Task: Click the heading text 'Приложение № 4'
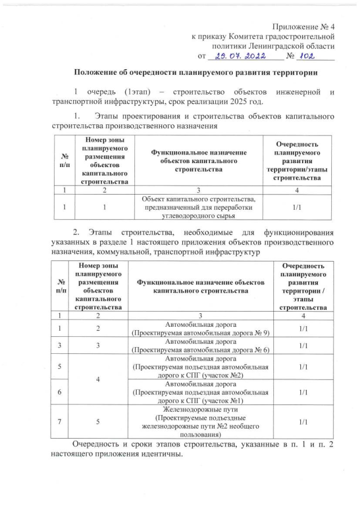[x=304, y=27]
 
